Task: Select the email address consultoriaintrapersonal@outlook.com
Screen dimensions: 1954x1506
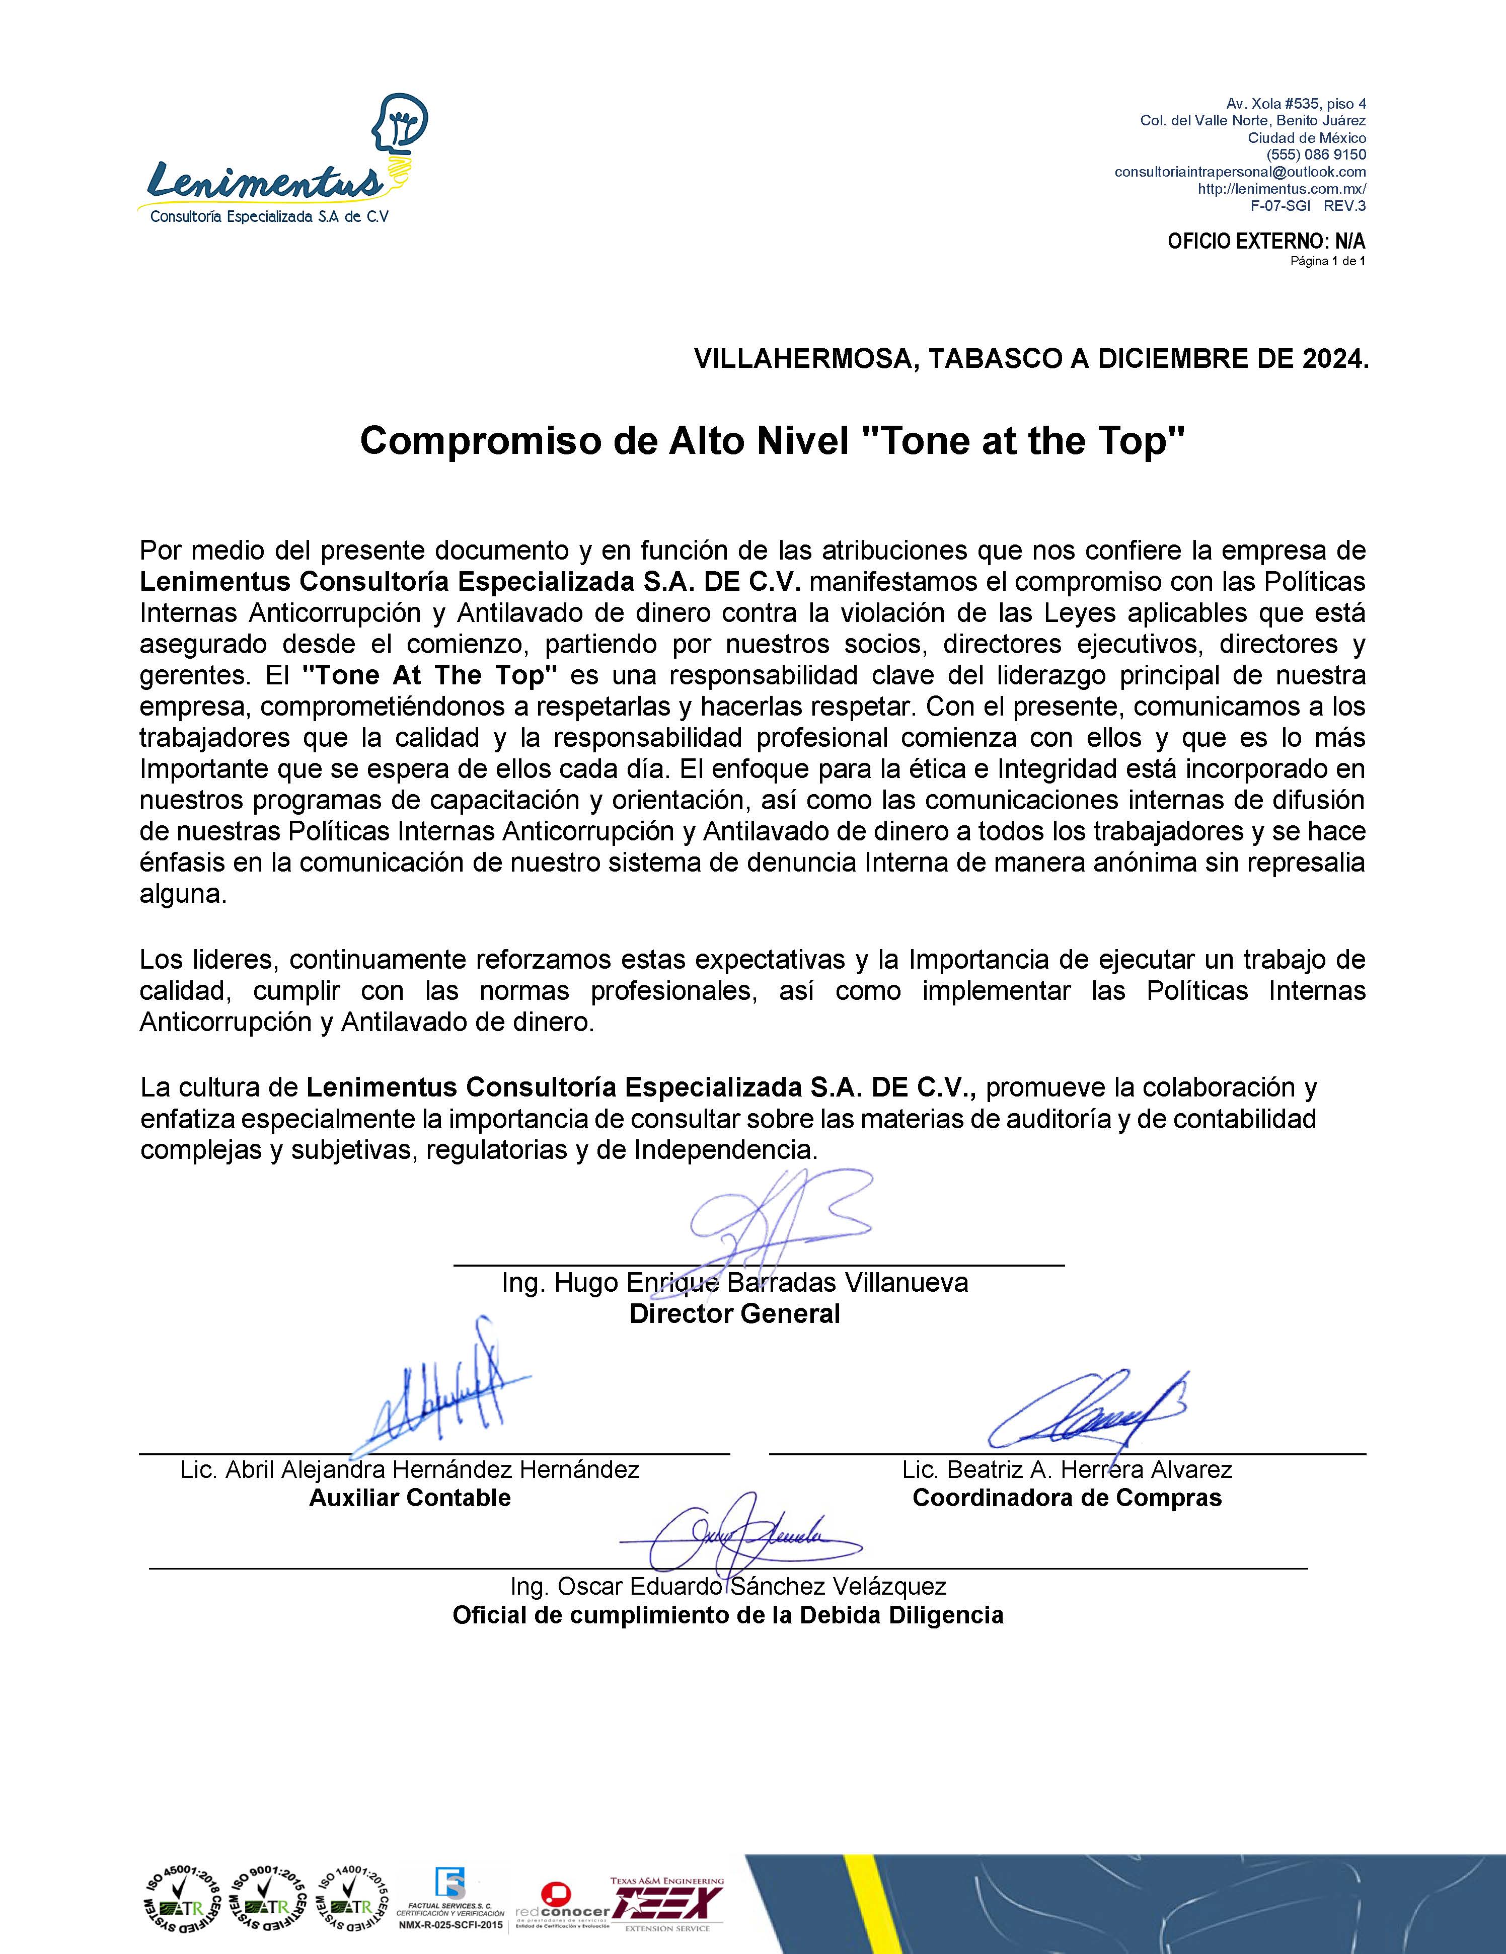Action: point(1239,172)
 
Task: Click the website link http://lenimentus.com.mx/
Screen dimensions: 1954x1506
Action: point(1282,189)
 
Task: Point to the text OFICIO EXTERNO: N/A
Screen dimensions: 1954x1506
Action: point(1265,242)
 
